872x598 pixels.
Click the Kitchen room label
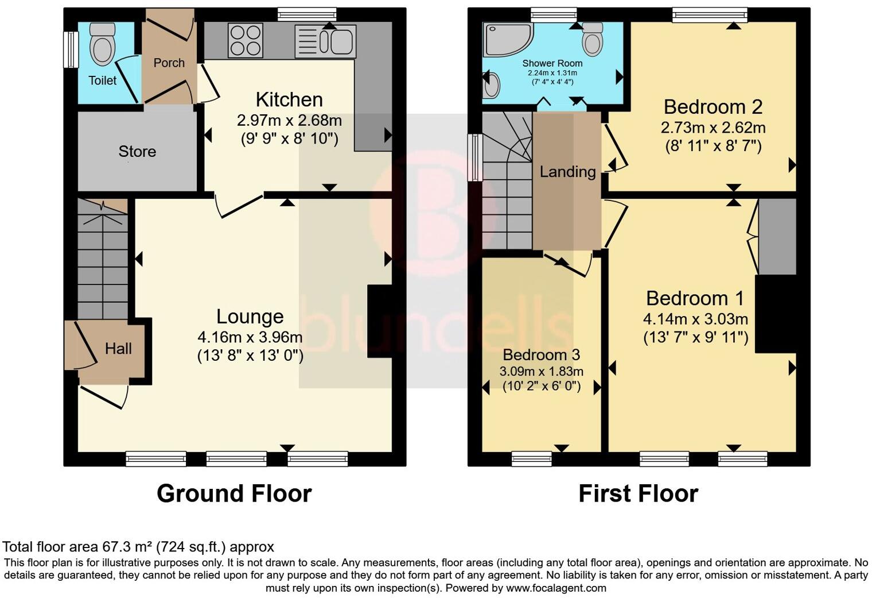coord(289,99)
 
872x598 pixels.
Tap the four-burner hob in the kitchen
coord(246,40)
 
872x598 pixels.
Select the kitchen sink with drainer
coord(325,41)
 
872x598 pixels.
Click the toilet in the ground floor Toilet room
coord(103,44)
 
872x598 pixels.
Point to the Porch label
coord(169,63)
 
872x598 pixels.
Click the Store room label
coord(137,151)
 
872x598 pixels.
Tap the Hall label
coord(118,348)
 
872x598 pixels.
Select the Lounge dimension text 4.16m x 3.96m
coord(250,337)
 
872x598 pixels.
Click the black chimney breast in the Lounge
coord(379,321)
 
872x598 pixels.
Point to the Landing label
coord(567,171)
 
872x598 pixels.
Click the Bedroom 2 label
coord(713,107)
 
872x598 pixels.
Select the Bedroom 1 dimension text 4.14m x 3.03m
coord(695,318)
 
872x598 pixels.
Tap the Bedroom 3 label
coord(542,354)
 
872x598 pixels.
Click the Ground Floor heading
coord(234,493)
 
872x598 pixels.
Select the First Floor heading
coord(638,493)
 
